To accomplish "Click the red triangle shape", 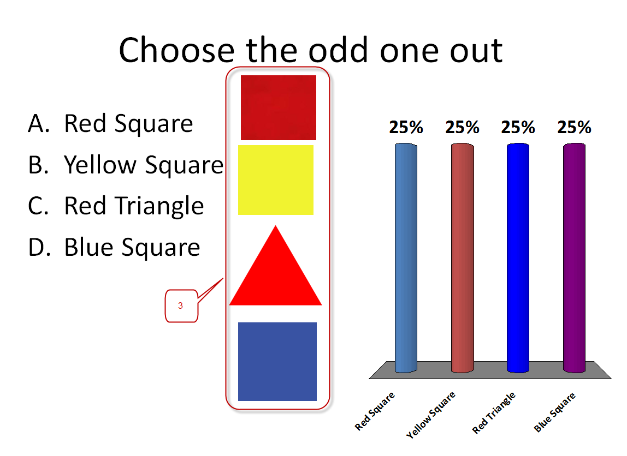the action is click(x=275, y=275).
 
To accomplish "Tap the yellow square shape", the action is click(x=276, y=180).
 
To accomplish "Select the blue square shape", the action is click(x=277, y=362).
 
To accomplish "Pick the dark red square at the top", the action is click(x=279, y=108).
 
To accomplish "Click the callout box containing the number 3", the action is click(x=181, y=306).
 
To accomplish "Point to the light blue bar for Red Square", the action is click(x=406, y=258).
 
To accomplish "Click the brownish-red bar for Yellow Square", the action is click(x=462, y=258).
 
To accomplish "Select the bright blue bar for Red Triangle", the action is click(x=518, y=258).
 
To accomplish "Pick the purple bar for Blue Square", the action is click(x=574, y=258).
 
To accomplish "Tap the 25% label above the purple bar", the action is click(x=574, y=128).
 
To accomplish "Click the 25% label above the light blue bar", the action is click(x=406, y=128).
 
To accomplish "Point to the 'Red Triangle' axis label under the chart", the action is click(x=494, y=413).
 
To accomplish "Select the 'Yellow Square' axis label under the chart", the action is click(x=431, y=415).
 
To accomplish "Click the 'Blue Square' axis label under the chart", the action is click(x=554, y=412).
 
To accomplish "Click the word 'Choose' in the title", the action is click(x=177, y=50).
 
